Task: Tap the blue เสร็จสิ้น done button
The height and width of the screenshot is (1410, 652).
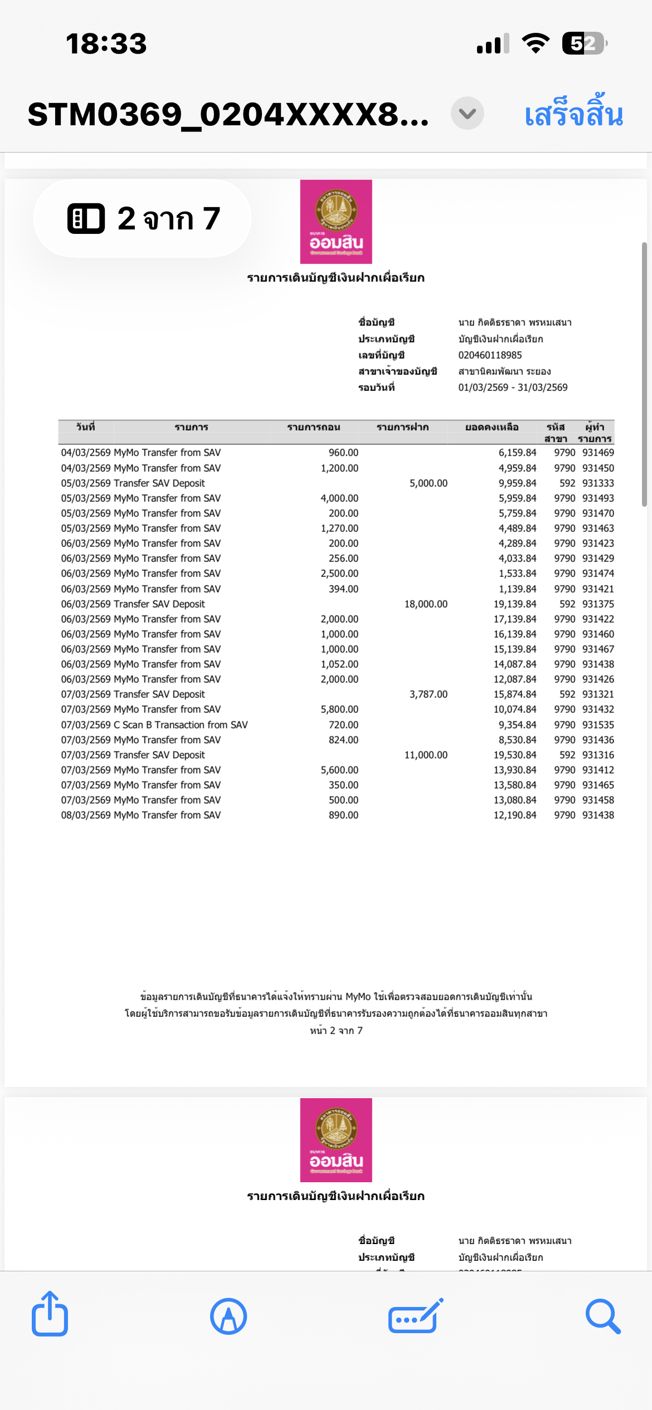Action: [573, 114]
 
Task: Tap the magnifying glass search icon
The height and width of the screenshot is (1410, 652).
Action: [603, 1316]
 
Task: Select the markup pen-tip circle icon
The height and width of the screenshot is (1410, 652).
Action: [228, 1316]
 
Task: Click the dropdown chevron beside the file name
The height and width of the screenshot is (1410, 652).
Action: [467, 114]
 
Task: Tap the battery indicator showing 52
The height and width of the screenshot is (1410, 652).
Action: [583, 43]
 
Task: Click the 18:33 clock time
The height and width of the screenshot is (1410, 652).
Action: [106, 43]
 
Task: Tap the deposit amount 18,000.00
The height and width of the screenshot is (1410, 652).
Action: [426, 604]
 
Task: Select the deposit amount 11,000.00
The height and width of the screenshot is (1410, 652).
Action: [426, 755]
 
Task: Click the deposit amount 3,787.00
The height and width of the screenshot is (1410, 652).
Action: [428, 694]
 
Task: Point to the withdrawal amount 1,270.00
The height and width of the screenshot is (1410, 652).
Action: [339, 528]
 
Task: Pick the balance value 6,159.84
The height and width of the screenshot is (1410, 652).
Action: [517, 453]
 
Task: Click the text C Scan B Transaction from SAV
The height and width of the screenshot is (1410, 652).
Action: [181, 725]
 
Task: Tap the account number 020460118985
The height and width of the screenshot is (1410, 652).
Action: [490, 355]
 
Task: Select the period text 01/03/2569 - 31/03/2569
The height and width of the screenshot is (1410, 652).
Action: [513, 388]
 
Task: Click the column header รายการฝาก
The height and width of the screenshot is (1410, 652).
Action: [402, 427]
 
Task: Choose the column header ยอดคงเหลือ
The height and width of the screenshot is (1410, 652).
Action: [492, 427]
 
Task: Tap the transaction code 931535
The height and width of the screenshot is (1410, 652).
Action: [598, 725]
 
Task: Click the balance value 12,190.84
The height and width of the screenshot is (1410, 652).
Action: [514, 815]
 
